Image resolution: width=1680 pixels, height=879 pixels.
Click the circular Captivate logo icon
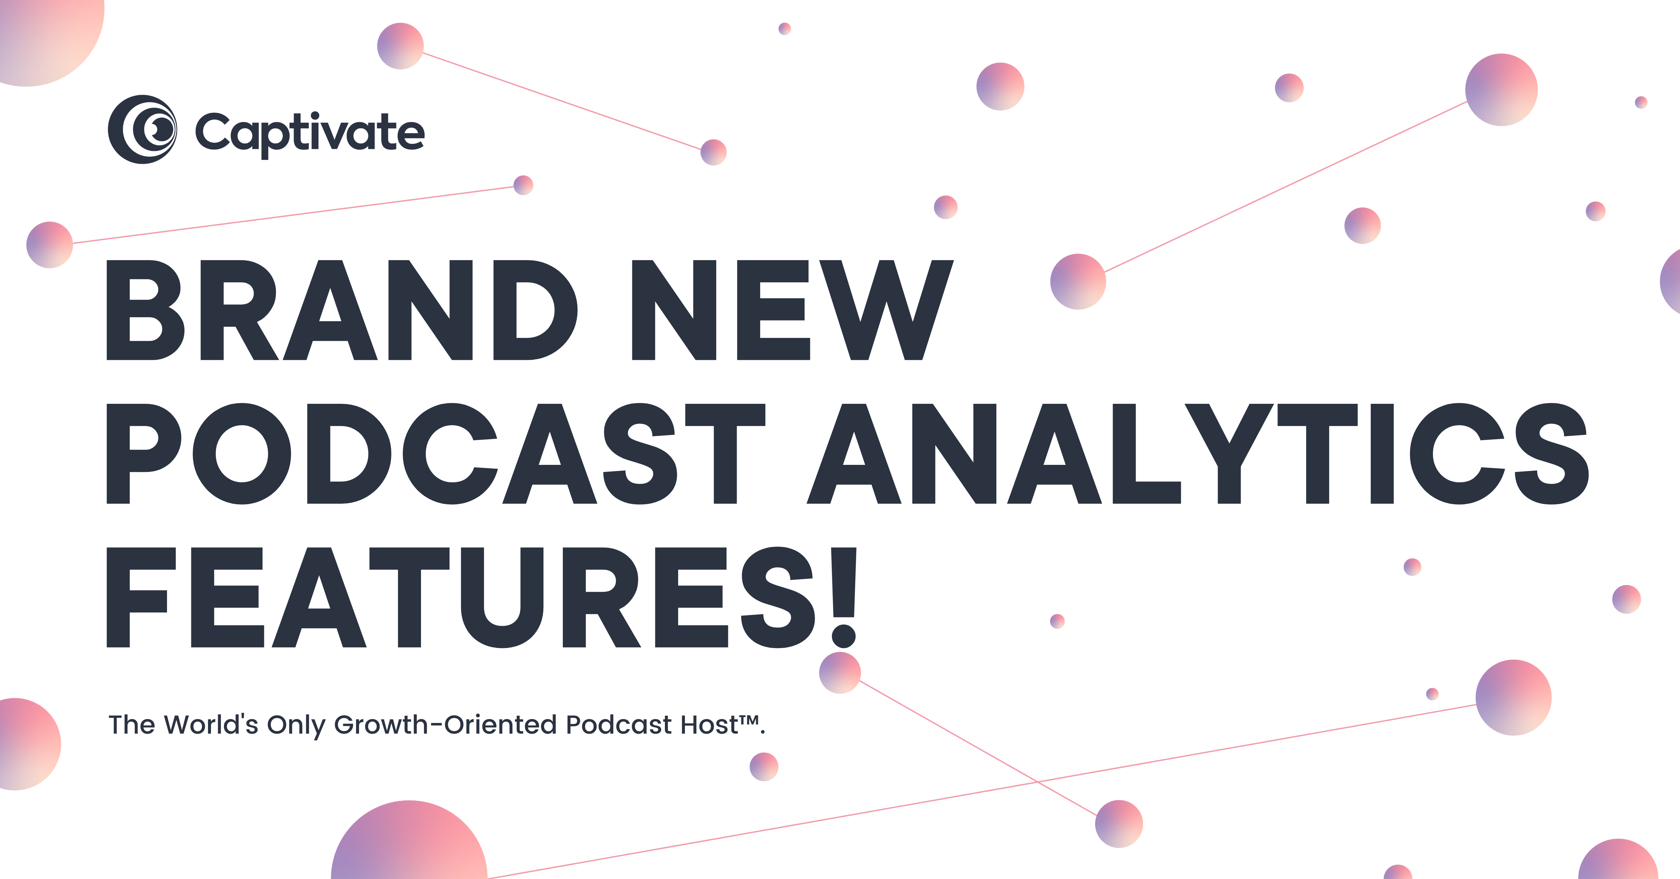click(x=142, y=129)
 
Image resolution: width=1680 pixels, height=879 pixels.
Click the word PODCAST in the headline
click(x=436, y=454)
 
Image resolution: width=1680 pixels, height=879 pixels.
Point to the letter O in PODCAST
click(x=242, y=454)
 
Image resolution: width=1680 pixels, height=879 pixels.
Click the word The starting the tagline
click(x=132, y=725)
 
